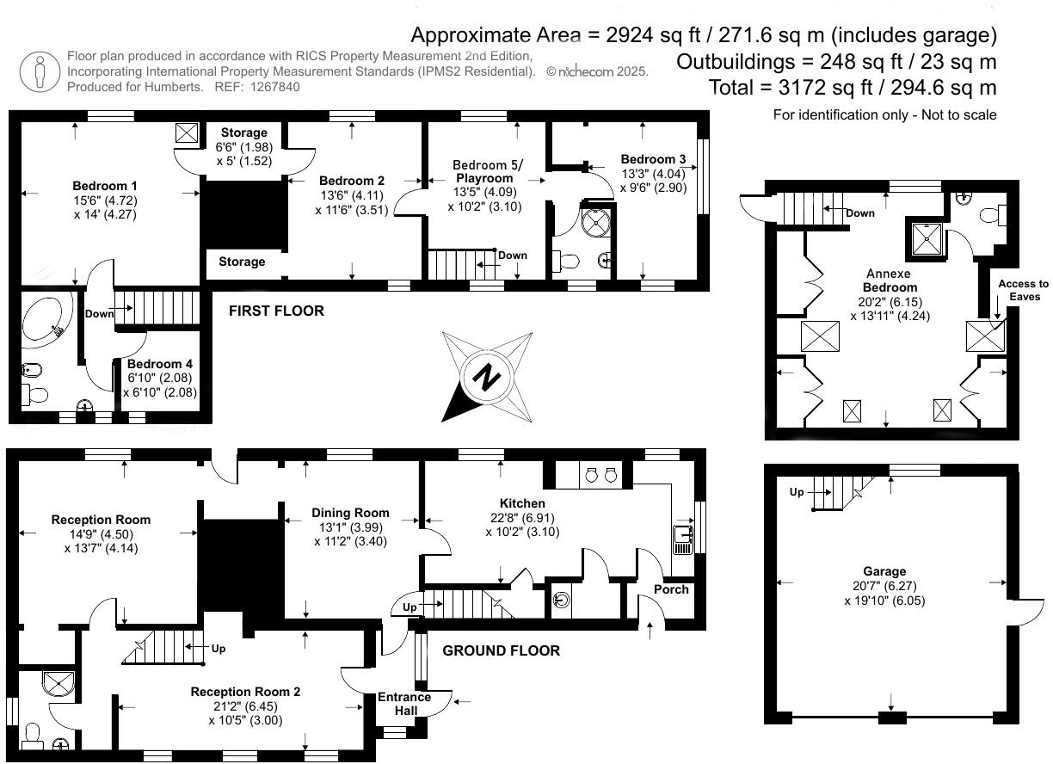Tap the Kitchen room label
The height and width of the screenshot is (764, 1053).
pos(522,503)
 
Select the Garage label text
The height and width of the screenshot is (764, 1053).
pos(884,571)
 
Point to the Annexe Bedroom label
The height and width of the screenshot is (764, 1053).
pos(889,280)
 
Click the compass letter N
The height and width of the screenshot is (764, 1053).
pos(486,377)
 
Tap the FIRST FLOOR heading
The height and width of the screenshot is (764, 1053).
pos(276,311)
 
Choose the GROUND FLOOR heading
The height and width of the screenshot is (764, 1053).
pos(501,650)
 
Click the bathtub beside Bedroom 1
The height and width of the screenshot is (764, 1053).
pos(43,319)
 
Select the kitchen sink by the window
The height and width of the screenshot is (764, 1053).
pos(682,539)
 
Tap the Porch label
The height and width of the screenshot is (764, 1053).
pos(671,589)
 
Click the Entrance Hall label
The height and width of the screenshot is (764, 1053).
pos(404,704)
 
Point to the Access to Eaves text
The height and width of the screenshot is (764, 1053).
pos(1024,290)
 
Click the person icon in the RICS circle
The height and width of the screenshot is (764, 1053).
pos(40,72)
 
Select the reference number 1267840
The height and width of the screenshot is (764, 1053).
pos(275,87)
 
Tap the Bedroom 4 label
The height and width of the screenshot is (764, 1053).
pos(160,364)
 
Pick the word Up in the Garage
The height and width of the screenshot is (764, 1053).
pos(797,492)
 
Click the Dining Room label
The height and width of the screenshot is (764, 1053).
pos(350,513)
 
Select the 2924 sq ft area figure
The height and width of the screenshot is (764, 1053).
pos(653,35)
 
